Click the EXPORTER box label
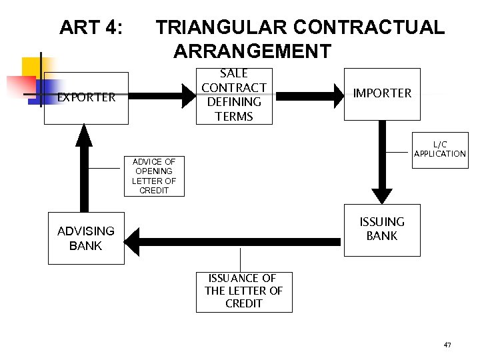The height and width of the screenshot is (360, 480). pyautogui.click(x=86, y=97)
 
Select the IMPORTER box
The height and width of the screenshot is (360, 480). pyautogui.click(x=382, y=93)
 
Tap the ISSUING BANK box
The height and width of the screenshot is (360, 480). pyautogui.click(x=382, y=229)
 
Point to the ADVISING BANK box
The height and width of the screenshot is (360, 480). pyautogui.click(x=86, y=239)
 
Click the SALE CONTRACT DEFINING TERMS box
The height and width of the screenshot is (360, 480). pyautogui.click(x=234, y=95)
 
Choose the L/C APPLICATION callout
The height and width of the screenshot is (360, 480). pyautogui.click(x=440, y=149)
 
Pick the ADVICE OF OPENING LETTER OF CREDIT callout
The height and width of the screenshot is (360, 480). pyautogui.click(x=154, y=176)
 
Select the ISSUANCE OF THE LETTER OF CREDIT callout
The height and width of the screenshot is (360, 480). pyautogui.click(x=244, y=291)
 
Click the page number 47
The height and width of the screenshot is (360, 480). pyautogui.click(x=447, y=345)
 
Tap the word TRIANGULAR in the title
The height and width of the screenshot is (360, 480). pyautogui.click(x=221, y=27)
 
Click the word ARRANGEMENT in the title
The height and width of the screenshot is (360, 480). pyautogui.click(x=252, y=51)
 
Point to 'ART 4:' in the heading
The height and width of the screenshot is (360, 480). pyautogui.click(x=91, y=27)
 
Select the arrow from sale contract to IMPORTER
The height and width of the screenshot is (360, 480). pyautogui.click(x=307, y=96)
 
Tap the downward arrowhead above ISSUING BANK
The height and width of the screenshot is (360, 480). pyautogui.click(x=382, y=194)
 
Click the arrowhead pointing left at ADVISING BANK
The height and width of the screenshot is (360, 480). pyautogui.click(x=133, y=241)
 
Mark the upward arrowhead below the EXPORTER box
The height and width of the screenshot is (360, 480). pyautogui.click(x=84, y=137)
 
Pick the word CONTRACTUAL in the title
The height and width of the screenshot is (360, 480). pyautogui.click(x=369, y=27)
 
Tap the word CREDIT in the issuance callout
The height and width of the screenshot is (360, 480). pyautogui.click(x=244, y=304)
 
